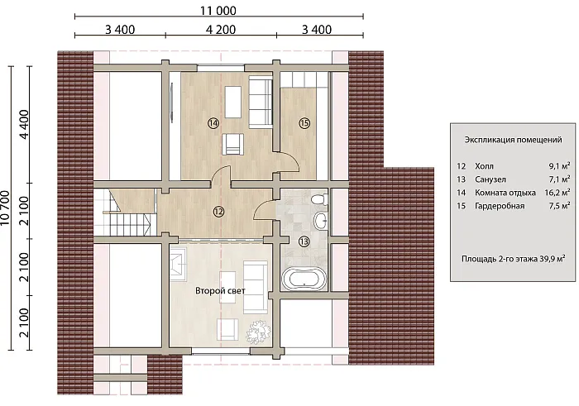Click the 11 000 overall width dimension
(218, 11)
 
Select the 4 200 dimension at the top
(221, 30)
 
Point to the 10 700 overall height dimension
(6, 208)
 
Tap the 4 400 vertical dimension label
(24, 124)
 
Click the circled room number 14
(213, 123)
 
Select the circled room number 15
(304, 123)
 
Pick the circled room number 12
(218, 212)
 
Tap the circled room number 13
(304, 241)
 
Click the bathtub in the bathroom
(304, 279)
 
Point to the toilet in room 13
(318, 200)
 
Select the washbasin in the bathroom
(321, 220)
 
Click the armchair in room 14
(233, 145)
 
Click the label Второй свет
(220, 291)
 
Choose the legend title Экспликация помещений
(513, 140)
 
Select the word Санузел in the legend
(490, 179)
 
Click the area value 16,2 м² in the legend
(557, 193)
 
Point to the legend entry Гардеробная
(500, 206)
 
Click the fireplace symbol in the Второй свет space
(178, 263)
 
